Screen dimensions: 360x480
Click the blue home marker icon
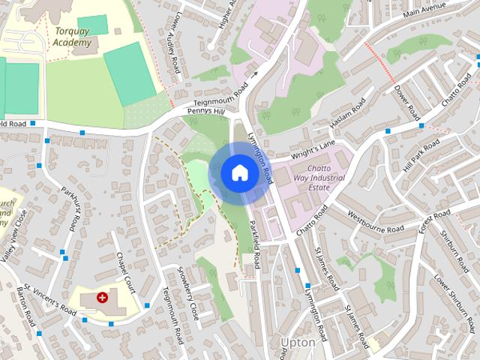pyautogui.click(x=239, y=172)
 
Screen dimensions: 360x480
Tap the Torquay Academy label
pyautogui.click(x=73, y=37)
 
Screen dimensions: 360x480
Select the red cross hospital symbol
pyautogui.click(x=102, y=298)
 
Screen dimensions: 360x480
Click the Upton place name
pyautogui.click(x=296, y=343)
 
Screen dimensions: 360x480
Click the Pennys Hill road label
pyautogui.click(x=205, y=112)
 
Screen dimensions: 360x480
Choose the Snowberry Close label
pyautogui.click(x=188, y=292)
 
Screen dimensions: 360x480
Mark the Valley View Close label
pyautogui.click(x=14, y=235)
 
